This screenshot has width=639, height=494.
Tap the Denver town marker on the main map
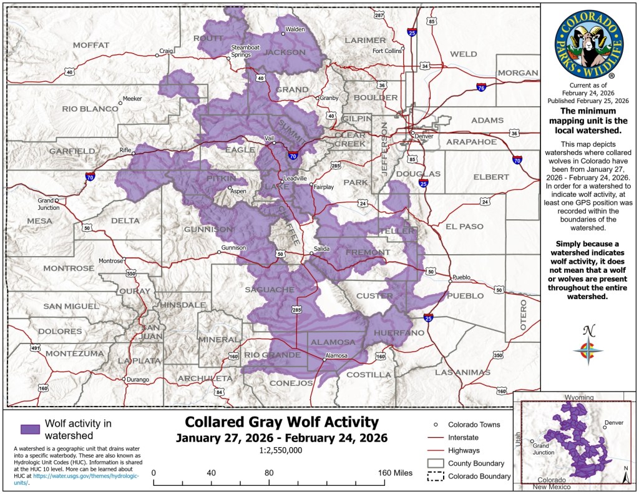point(412,133)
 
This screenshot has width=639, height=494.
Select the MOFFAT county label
point(91,45)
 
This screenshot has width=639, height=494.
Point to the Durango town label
point(137,380)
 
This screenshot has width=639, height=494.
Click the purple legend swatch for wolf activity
point(30,429)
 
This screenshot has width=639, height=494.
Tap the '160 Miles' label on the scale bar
point(394,472)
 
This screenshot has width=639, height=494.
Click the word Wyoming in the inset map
point(580,398)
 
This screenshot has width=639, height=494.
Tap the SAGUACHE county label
point(269,290)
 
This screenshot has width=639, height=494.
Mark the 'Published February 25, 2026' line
point(588,100)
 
